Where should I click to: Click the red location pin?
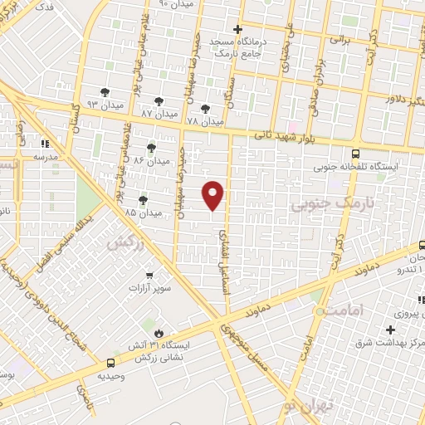[213, 195]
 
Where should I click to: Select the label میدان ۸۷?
[158, 112]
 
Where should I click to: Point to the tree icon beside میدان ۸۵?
[143, 199]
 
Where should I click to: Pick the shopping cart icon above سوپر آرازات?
[149, 276]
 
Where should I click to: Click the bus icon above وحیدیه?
[111, 363]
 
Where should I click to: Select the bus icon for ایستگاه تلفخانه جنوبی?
[356, 154]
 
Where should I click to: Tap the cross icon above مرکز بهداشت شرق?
[390, 330]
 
